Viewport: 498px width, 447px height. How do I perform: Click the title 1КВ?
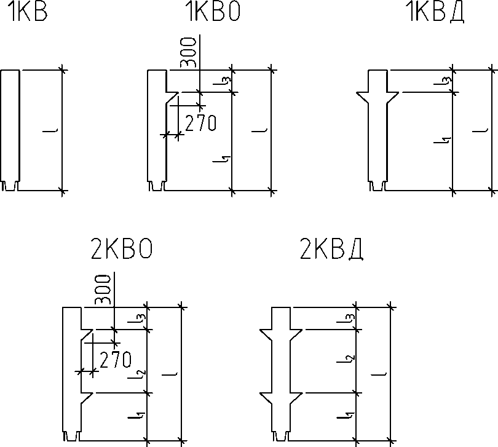29,12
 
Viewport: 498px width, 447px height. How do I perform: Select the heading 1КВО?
213,12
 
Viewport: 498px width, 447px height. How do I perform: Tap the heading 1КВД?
436,12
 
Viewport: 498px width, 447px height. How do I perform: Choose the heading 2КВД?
331,250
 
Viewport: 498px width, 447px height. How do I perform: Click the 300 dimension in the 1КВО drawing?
188,52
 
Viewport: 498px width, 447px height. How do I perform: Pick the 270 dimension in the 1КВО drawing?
200,123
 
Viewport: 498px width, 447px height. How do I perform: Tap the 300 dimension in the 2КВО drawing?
103,290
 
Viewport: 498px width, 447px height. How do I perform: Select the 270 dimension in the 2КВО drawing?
116,360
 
